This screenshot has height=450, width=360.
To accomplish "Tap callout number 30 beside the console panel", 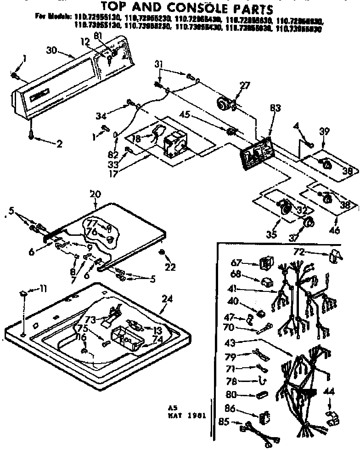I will (52, 50).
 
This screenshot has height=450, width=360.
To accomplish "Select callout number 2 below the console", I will (59, 143).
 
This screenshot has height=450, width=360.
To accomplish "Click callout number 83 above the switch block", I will (275, 108).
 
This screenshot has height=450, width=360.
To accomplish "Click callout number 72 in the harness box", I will (299, 252).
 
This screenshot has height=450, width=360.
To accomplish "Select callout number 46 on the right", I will (335, 230).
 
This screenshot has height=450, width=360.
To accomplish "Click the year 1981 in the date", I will (197, 417).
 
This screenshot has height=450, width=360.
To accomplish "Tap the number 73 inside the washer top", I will (90, 319).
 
